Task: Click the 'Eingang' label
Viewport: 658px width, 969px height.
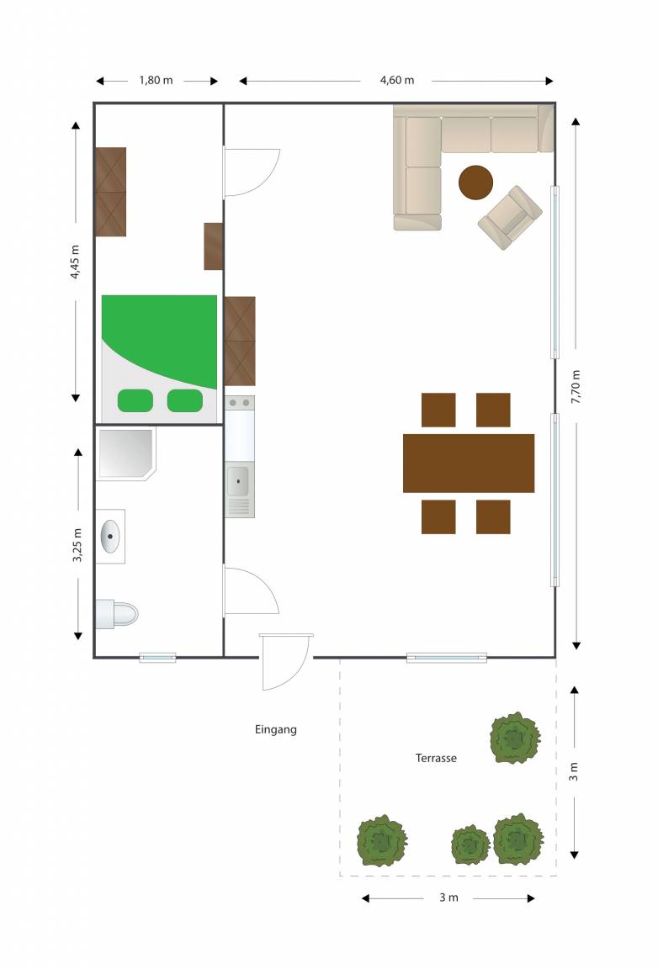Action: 276,730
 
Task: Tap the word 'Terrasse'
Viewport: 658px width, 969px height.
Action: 436,758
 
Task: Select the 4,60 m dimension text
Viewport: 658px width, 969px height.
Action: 397,81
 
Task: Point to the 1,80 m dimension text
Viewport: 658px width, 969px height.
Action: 156,81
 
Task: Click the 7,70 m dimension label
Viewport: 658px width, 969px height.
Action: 576,388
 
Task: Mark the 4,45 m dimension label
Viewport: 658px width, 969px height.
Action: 75,262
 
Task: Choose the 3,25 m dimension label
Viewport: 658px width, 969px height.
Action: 77,545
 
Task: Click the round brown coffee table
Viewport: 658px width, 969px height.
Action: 475,183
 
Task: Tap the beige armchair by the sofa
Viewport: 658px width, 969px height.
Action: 510,218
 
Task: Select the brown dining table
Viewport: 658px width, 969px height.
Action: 469,463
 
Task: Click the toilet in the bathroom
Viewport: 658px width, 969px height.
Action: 116,614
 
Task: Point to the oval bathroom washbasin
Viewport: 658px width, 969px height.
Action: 110,537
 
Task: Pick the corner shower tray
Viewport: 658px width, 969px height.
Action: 125,453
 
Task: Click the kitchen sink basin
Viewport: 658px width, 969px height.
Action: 238,481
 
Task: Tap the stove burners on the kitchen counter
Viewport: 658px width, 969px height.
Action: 239,403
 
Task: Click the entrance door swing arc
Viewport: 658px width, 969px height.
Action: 300,671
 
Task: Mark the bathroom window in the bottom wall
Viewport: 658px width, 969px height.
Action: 157,658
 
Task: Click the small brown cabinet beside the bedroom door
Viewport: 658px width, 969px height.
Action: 214,246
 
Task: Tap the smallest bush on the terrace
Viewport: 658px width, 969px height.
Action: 470,845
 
